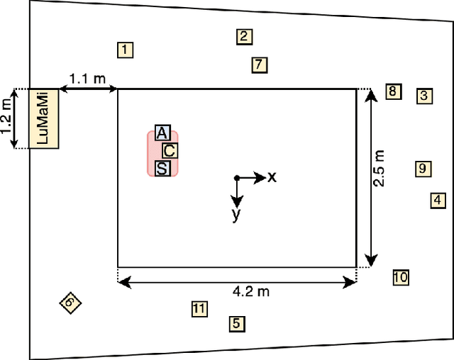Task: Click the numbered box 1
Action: tap(125, 50)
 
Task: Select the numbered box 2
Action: tap(244, 37)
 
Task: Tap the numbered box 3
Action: tap(424, 96)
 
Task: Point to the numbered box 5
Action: tap(237, 324)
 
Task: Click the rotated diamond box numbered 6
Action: tap(70, 303)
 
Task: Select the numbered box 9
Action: tap(422, 169)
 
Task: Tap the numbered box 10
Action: tap(401, 277)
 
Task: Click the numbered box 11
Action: tap(199, 308)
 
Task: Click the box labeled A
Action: tap(162, 133)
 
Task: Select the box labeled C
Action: tap(169, 150)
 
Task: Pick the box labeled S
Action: tap(162, 168)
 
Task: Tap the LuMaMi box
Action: tap(43, 118)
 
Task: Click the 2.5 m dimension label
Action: tap(380, 169)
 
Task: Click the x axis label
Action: tap(272, 177)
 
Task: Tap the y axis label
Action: tap(237, 215)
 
